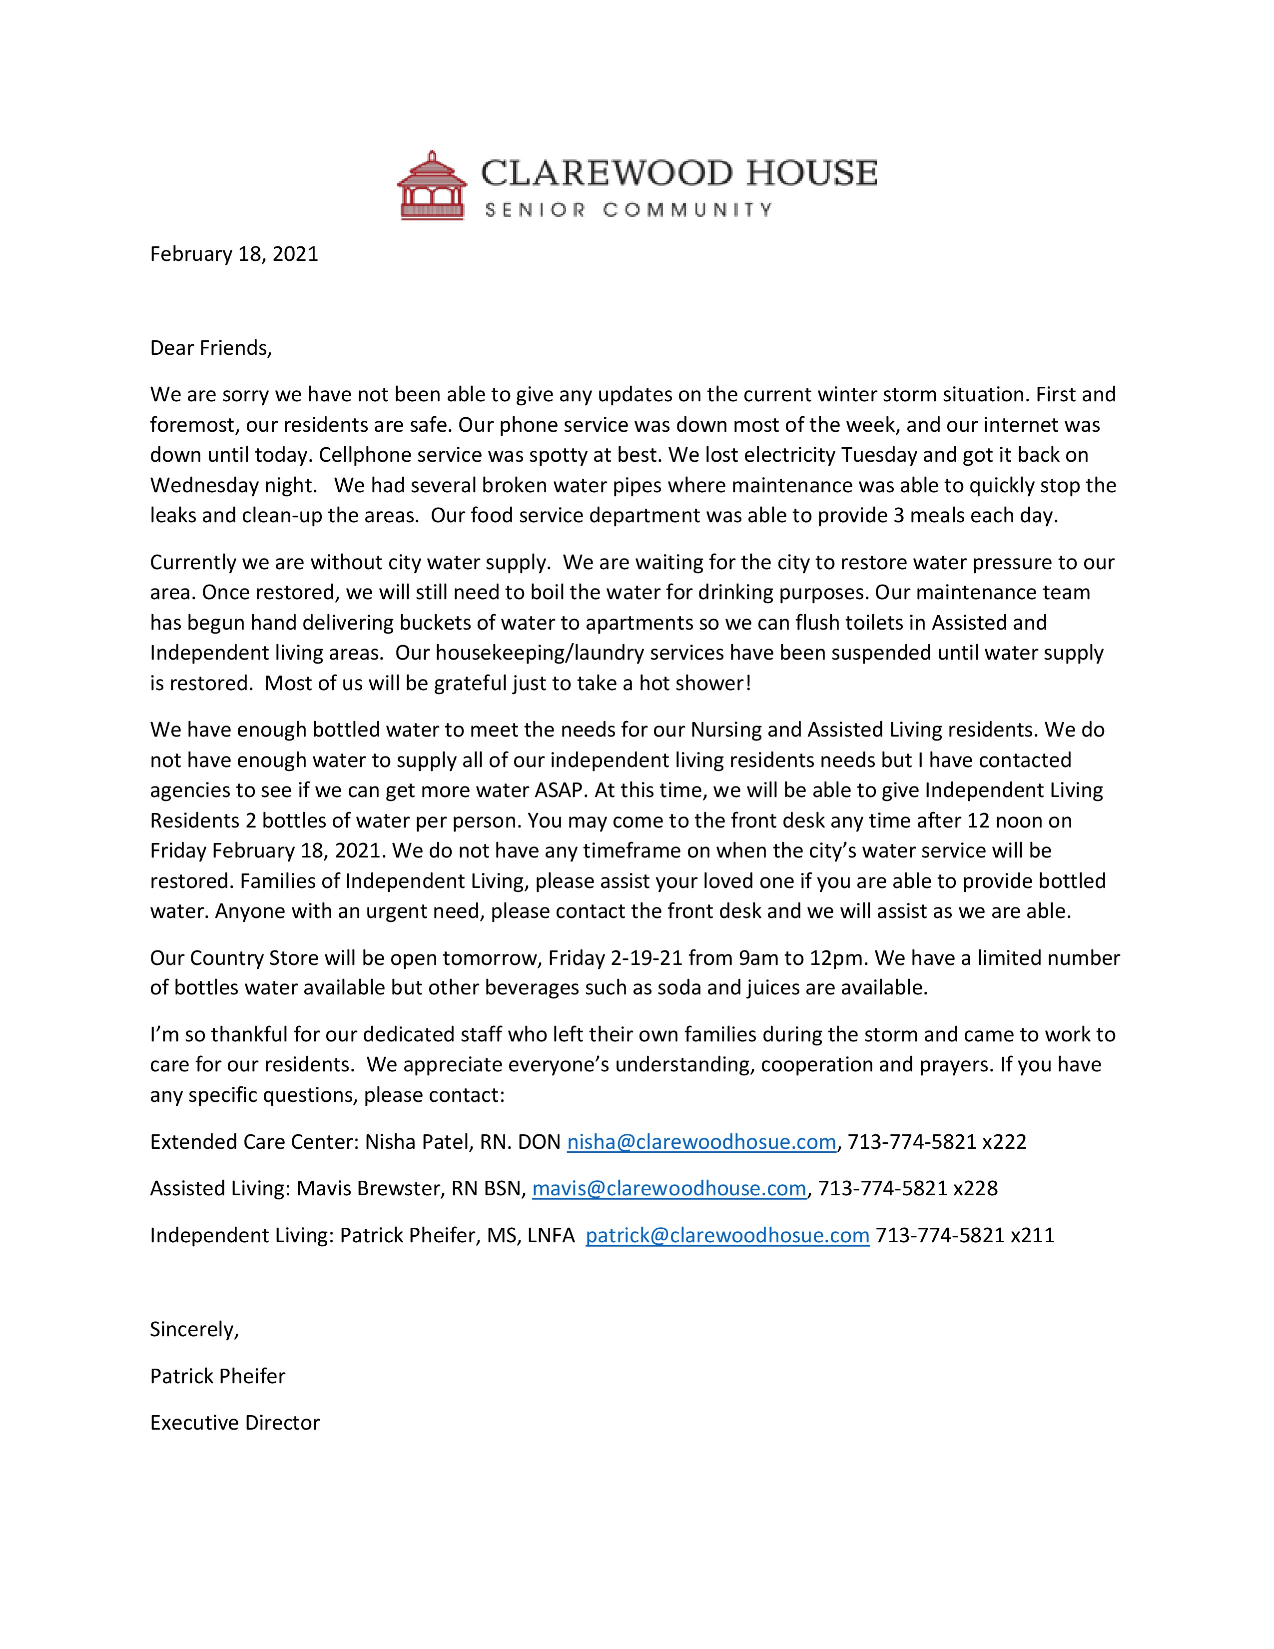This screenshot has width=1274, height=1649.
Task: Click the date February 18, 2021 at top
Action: click(234, 254)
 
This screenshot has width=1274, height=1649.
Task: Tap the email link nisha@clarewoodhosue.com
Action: click(701, 1142)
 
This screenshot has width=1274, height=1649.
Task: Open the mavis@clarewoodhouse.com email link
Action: click(668, 1188)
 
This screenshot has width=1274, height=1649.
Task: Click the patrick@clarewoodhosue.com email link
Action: click(727, 1235)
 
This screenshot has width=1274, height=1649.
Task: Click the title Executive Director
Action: click(235, 1423)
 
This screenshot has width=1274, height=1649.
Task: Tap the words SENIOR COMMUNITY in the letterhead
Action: click(628, 210)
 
